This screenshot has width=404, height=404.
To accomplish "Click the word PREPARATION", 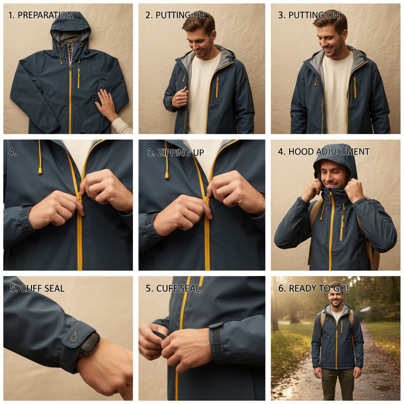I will pos(45,15).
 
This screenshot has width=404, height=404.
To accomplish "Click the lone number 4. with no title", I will pos(12,152).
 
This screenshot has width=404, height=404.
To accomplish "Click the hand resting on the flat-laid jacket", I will pos(106,104).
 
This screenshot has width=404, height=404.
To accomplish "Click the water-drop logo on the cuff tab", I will pos(74,337).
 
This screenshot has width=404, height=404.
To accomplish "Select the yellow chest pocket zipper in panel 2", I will pos(217,87).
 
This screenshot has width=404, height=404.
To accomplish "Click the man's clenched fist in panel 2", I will pos(180,97).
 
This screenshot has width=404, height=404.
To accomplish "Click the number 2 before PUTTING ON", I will pos(148,15).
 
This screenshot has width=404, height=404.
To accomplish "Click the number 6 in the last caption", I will pos(281,288).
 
